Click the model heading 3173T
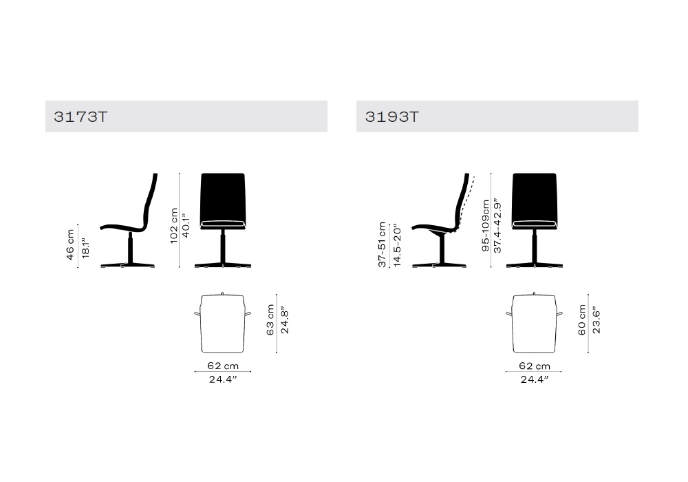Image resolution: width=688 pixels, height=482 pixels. (x=80, y=117)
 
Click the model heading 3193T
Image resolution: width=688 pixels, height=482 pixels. (x=392, y=117)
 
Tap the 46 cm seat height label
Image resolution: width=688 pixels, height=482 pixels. (x=70, y=245)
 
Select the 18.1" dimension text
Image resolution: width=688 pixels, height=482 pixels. (x=85, y=248)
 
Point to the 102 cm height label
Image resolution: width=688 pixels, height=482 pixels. (x=174, y=226)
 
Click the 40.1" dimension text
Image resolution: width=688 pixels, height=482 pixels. (x=186, y=226)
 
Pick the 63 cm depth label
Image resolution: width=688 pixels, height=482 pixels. (x=270, y=320)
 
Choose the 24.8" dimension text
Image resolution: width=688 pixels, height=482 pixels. (x=285, y=321)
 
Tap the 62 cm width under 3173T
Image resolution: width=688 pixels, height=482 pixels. (x=223, y=366)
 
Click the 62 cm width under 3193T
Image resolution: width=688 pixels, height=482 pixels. (x=535, y=366)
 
